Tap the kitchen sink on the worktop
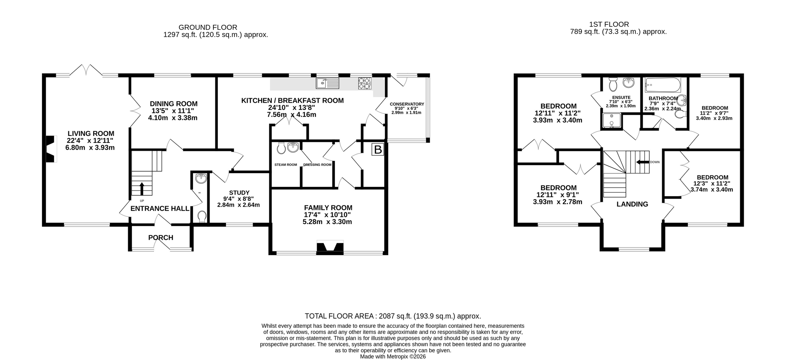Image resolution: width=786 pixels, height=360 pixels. [328, 83]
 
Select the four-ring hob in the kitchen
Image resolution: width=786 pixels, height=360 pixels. [364, 83]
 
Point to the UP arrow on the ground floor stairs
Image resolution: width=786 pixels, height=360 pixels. [141, 188]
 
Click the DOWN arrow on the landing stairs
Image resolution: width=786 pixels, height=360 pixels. [642, 162]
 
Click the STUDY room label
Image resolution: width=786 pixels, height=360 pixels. [239, 193]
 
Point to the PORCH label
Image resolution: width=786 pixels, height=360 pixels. [161, 238]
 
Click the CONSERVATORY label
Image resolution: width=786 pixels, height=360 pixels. [407, 104]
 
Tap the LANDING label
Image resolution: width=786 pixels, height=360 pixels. [632, 204]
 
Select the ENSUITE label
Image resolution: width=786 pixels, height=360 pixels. [621, 97]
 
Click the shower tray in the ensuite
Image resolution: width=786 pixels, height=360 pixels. [612, 121]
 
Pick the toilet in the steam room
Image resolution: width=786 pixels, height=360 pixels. [281, 148]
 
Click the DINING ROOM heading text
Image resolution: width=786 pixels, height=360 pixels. [174, 104]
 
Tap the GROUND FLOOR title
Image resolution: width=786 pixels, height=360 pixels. [208, 27]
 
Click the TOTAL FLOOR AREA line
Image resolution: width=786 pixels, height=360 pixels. [393, 316]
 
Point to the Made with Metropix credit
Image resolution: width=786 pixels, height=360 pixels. [393, 357]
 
